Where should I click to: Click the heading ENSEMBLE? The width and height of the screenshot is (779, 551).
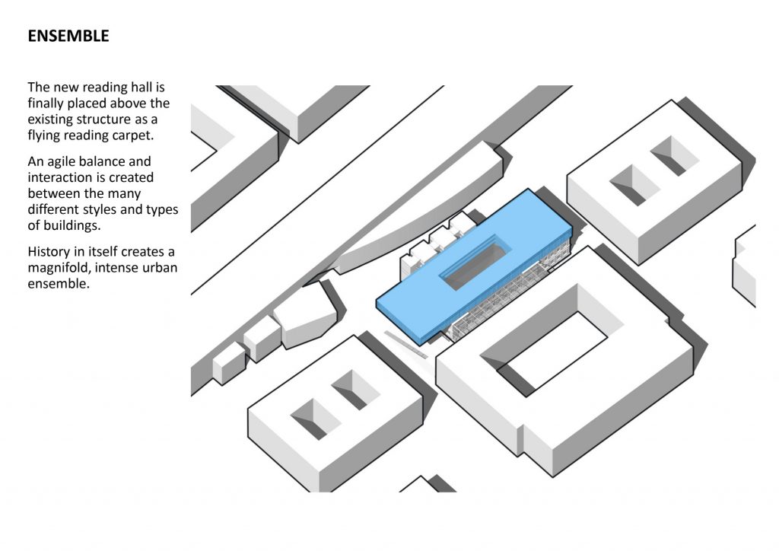click(x=68, y=36)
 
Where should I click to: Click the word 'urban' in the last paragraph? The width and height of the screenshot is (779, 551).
click(x=160, y=268)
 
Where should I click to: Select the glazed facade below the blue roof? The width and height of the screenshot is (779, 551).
click(x=502, y=301)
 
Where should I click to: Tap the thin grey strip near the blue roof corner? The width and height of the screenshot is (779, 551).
click(x=406, y=344)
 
